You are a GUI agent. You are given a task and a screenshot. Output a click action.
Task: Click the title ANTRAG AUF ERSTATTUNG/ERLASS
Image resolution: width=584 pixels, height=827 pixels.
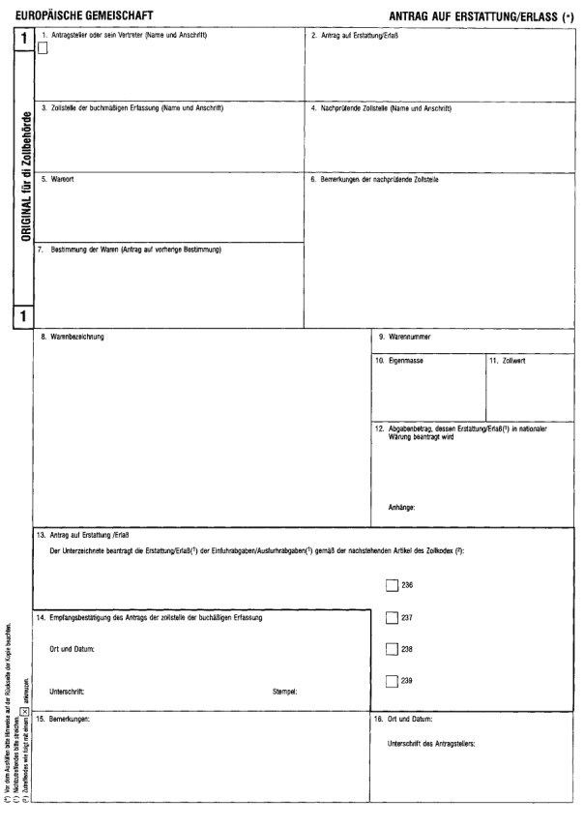click(x=471, y=16)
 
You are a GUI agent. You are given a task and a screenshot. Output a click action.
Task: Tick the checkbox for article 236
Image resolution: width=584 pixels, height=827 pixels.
click(x=391, y=585)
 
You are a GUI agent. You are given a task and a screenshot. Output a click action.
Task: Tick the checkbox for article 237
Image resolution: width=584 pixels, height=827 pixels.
click(x=391, y=617)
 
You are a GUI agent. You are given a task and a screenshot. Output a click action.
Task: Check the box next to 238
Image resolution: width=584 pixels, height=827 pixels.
click(x=391, y=649)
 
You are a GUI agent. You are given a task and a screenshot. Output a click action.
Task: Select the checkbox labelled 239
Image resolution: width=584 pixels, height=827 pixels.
click(x=391, y=681)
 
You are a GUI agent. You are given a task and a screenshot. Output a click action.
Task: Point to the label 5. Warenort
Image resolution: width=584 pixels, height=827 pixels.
click(x=62, y=180)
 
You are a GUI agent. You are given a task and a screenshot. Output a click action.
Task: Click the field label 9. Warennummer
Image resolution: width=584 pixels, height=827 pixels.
click(x=405, y=338)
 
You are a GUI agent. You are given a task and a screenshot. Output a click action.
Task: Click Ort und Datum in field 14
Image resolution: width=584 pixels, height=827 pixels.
click(x=73, y=648)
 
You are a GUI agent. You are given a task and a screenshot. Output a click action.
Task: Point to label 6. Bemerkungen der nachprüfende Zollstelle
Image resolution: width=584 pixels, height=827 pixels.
click(x=387, y=180)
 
